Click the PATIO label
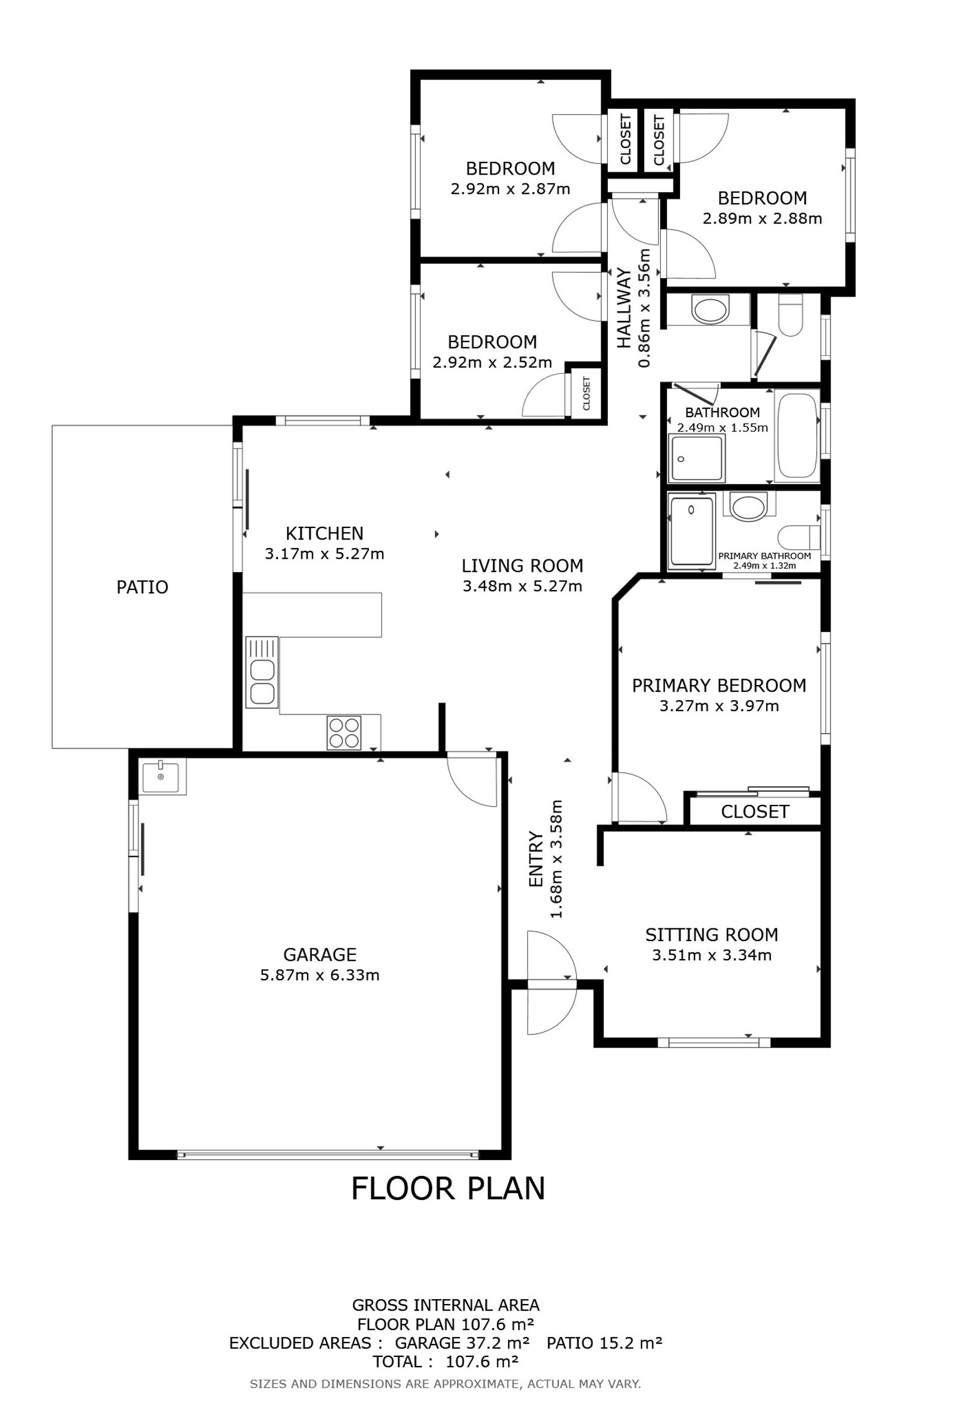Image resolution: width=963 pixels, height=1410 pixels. [143, 587]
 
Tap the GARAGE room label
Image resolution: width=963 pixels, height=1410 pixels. [320, 955]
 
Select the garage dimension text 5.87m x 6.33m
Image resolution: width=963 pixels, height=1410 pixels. [320, 975]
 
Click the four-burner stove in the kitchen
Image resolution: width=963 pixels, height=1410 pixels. [344, 733]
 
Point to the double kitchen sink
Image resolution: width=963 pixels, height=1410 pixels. [261, 672]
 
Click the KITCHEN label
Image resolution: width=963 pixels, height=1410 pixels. [325, 534]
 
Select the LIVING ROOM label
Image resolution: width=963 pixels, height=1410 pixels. [523, 566]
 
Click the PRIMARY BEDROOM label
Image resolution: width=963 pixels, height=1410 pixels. [719, 686]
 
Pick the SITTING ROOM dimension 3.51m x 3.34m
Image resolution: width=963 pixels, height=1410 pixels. [712, 955]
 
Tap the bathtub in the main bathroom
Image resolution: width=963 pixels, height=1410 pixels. [797, 436]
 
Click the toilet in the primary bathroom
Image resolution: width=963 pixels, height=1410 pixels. [797, 537]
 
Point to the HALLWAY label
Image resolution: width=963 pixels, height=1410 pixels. [624, 308]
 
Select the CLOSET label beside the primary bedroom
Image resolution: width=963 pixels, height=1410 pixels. [755, 812]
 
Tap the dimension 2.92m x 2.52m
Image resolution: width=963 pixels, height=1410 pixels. [492, 363]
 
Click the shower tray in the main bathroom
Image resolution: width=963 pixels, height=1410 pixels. [698, 459]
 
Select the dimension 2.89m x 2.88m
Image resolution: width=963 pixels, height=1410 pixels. [762, 219]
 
